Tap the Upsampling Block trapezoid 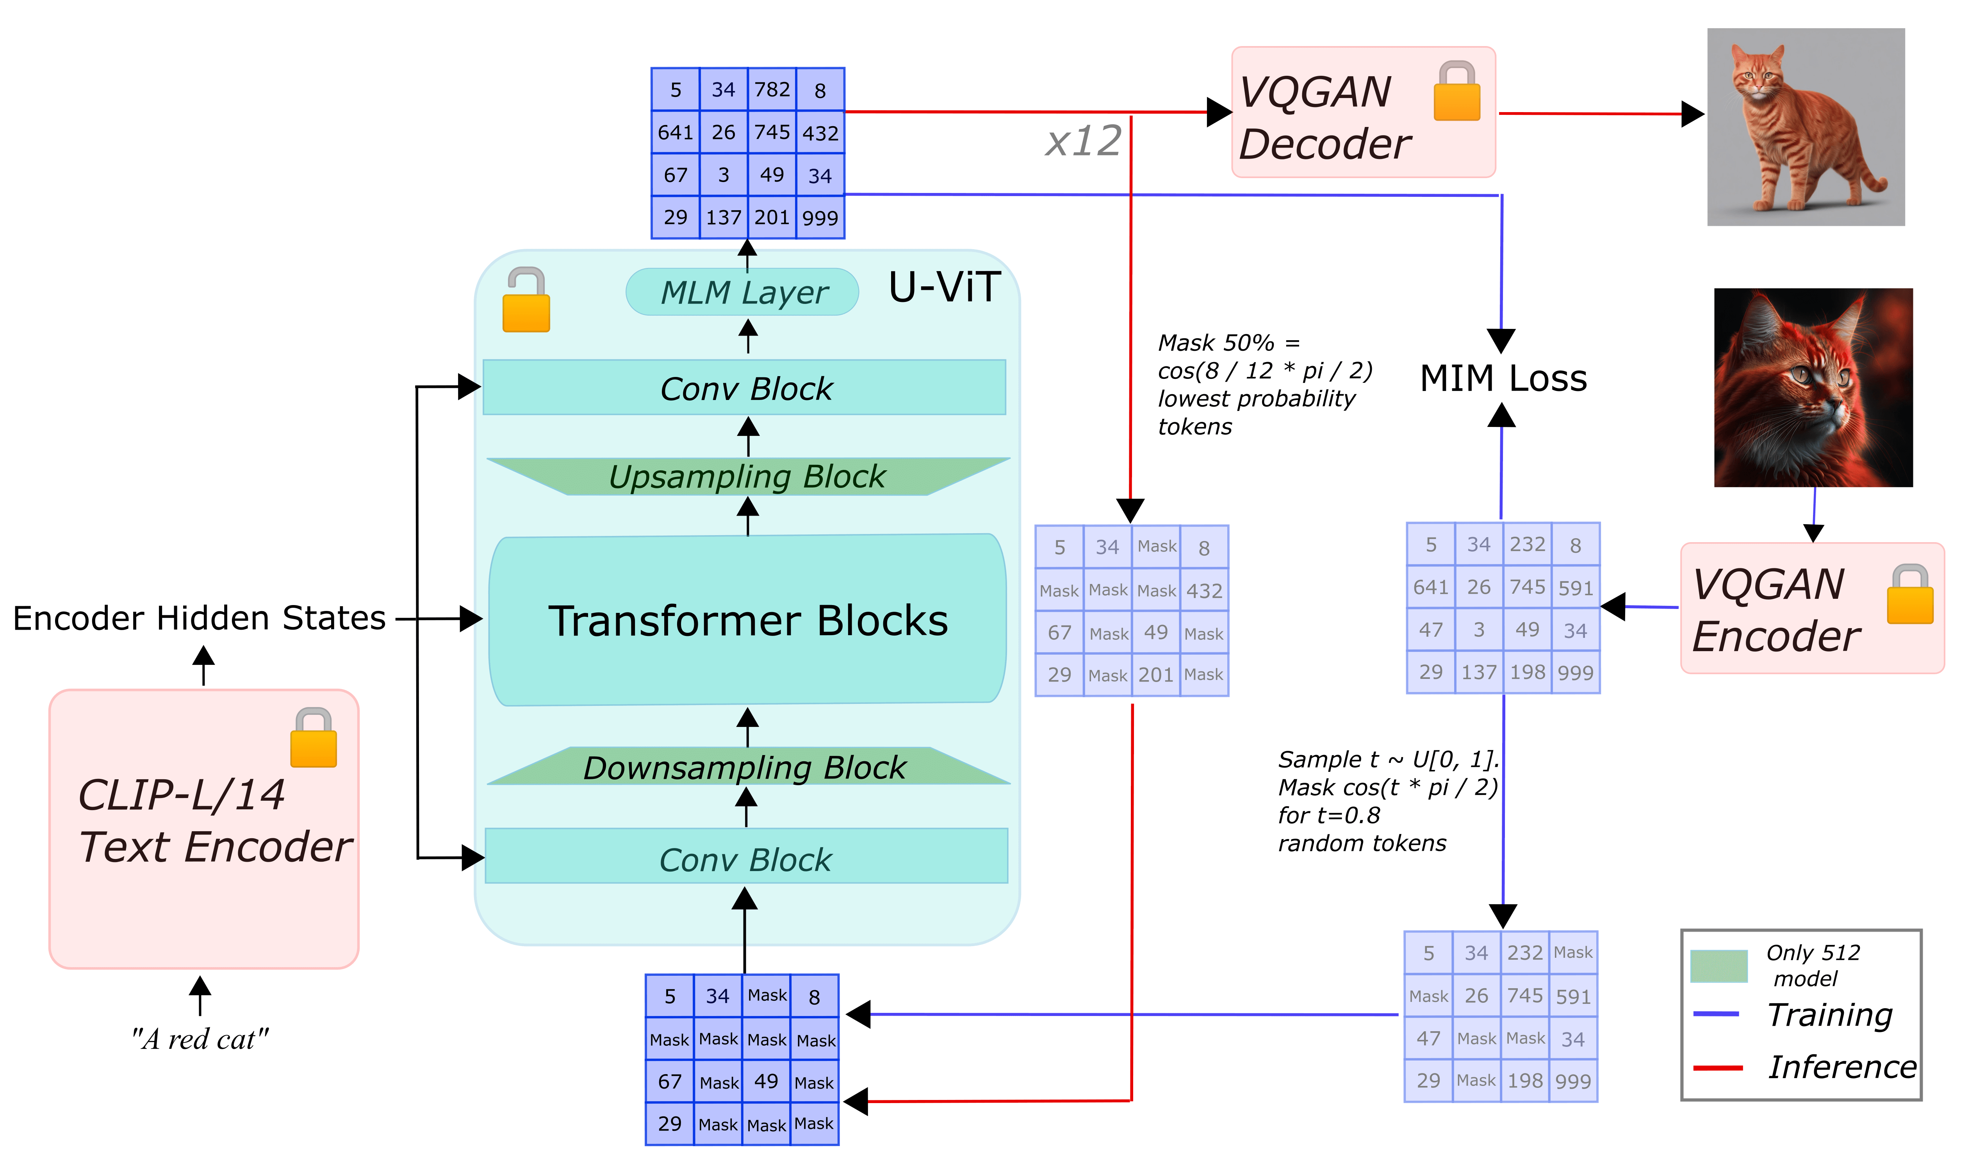[747, 477]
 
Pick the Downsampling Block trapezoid [746, 767]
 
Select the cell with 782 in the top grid [772, 90]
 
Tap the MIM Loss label [1503, 379]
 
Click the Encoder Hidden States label [200, 618]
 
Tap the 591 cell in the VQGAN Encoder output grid [1575, 588]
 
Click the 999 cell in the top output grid [820, 218]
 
